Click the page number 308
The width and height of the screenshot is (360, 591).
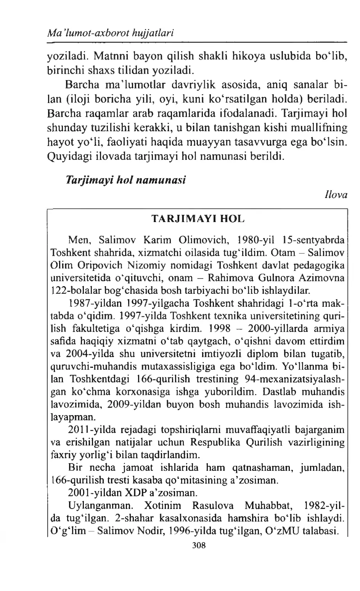pos(199,545)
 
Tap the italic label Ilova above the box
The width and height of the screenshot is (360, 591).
pos(335,195)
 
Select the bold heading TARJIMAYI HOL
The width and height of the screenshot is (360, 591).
pos(198,220)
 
